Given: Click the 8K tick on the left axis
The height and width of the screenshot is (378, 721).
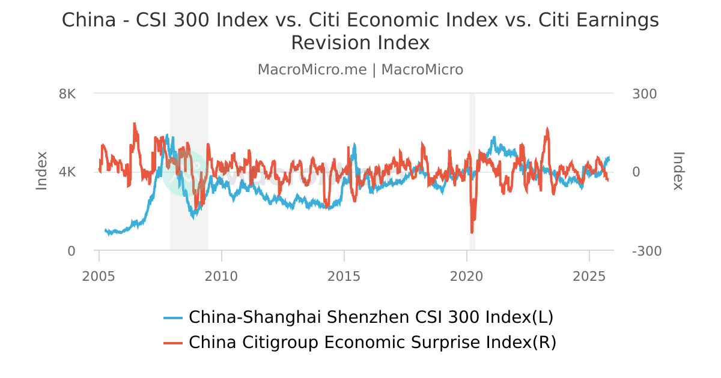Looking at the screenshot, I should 67,94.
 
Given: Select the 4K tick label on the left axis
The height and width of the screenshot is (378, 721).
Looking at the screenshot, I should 67,172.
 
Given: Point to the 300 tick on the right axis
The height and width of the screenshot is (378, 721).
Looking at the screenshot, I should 645,94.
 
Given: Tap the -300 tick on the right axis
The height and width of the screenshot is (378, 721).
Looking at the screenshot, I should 647,251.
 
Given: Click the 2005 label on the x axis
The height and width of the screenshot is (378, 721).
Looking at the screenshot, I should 99,277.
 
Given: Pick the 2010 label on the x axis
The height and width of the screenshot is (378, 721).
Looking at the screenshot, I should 222,277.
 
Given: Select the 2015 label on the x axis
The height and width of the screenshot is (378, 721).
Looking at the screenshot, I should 344,277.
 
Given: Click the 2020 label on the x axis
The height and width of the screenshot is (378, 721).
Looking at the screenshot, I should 467,277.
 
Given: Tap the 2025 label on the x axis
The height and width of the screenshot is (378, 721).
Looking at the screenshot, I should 589,277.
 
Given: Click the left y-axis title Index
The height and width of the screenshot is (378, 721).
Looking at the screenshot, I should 41,171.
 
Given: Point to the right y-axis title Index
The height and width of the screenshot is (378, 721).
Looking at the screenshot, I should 678,171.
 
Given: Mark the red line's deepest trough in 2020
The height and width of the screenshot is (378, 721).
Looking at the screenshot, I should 472,232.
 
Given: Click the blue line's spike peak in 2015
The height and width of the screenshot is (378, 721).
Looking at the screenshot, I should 354,145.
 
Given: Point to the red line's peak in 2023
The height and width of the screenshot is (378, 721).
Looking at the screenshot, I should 547,128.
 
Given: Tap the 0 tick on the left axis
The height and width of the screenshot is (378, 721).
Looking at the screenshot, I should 71,251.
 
